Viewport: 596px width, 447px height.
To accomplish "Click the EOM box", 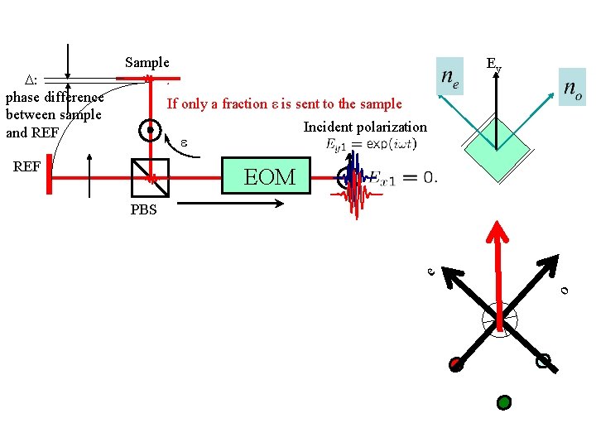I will pos(269,177).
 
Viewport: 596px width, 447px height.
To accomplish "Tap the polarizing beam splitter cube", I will pos(151,177).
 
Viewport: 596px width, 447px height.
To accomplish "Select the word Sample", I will pos(147,63).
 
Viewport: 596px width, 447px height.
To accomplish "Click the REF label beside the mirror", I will pos(26,166).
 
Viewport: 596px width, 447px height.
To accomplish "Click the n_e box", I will pos(450,79).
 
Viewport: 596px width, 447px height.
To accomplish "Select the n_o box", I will pos(572,86).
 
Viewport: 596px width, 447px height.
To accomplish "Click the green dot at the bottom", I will pos(503,403).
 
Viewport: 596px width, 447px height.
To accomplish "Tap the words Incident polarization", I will pos(365,127).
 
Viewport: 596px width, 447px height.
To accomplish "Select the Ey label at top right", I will pos(493,64).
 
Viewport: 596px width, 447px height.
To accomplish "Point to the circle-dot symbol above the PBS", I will pos(149,131).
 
